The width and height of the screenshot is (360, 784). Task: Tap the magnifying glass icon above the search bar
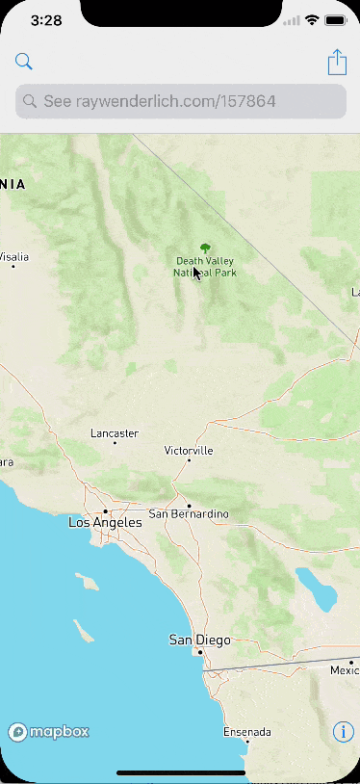tap(24, 63)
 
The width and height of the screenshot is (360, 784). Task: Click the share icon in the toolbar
tap(337, 63)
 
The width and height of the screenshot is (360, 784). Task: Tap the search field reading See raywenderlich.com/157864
tap(180, 101)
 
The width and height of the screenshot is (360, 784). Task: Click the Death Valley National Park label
tap(204, 267)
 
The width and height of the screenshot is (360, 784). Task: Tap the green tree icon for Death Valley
tap(204, 248)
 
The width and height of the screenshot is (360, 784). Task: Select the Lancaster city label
tap(115, 433)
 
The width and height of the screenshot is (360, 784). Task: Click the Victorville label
tap(189, 451)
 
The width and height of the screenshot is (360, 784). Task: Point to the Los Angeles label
tap(105, 522)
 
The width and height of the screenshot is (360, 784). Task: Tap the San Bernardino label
tap(189, 514)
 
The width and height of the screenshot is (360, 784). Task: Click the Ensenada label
tap(246, 732)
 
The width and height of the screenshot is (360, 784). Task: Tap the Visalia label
tap(13, 257)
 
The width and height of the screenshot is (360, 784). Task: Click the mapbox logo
tap(49, 732)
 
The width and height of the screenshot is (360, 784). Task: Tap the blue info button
tap(343, 732)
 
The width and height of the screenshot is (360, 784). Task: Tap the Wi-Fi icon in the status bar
tap(312, 20)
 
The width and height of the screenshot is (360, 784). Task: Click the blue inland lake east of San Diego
tap(317, 588)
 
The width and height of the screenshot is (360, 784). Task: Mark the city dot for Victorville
tap(189, 460)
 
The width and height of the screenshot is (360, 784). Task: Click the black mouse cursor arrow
tap(196, 273)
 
